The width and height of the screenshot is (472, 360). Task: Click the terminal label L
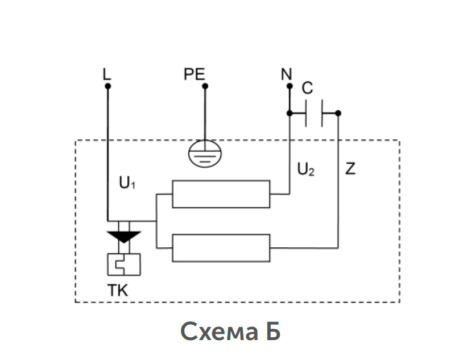point(106,74)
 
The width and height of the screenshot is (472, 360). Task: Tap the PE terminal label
point(194,74)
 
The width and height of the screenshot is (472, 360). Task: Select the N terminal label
point(286,74)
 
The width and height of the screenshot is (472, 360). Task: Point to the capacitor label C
point(307,88)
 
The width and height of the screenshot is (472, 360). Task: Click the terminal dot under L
point(108,86)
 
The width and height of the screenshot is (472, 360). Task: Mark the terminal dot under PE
point(205,86)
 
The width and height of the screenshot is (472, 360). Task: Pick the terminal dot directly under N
point(289,86)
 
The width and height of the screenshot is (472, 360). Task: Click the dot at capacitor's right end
point(338,113)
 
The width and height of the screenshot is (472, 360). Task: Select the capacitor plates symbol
point(314,113)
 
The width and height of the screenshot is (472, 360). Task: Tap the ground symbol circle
point(205,140)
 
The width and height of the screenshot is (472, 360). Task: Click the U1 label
point(127,183)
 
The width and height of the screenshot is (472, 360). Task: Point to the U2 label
point(306,169)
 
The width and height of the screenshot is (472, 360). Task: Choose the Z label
point(350,168)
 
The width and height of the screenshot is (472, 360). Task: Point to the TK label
point(118,291)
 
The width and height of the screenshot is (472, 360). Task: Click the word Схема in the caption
point(219,332)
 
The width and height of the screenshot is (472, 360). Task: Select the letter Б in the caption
point(274,331)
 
